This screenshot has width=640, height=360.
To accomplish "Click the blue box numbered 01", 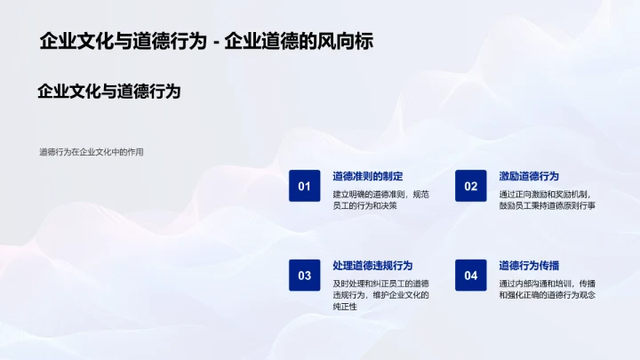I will [304, 186].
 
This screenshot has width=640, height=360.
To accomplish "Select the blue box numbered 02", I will [470, 186].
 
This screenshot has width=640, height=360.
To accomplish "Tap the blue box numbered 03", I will [304, 276].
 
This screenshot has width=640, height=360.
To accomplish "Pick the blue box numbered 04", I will [470, 276].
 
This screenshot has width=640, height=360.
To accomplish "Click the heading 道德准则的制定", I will [368, 176].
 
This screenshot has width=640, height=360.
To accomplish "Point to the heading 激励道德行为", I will [529, 176].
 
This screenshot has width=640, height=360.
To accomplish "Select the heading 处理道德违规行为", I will [372, 266].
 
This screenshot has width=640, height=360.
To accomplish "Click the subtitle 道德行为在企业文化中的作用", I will [91, 152].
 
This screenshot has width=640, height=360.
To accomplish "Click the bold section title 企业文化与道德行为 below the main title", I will [109, 91].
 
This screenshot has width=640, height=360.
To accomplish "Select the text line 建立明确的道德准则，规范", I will [380, 194].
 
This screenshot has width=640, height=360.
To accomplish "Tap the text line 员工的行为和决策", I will [364, 206].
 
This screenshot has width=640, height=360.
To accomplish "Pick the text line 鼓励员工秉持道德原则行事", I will [547, 206].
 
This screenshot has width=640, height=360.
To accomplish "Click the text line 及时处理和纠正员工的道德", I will [380, 284].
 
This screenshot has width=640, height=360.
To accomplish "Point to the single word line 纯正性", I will [345, 307].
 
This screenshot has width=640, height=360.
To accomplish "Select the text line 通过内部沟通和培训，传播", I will [547, 284].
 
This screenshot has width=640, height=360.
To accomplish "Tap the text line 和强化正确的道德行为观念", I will [547, 295].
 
